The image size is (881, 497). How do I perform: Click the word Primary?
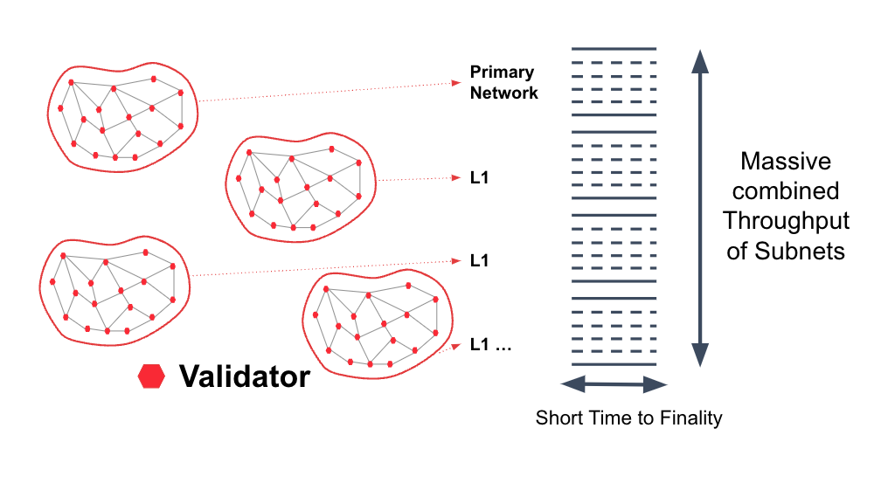502,72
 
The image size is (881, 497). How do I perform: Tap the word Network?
504,93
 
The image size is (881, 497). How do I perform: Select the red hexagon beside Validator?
151,376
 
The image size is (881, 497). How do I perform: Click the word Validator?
245,376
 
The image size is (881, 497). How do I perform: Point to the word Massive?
786,162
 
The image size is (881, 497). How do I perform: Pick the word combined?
786,191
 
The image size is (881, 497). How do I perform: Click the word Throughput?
786,221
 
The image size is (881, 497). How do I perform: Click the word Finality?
690,418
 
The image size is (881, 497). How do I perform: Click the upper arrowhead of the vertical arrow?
700,61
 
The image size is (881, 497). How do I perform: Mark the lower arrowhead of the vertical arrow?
700,355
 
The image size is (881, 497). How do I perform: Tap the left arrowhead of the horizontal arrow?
573,384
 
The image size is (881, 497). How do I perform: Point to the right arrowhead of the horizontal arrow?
656,384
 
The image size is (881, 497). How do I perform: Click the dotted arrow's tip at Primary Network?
460,83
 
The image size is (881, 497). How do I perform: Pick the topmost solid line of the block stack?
614,49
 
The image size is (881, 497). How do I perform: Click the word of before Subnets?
738,251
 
